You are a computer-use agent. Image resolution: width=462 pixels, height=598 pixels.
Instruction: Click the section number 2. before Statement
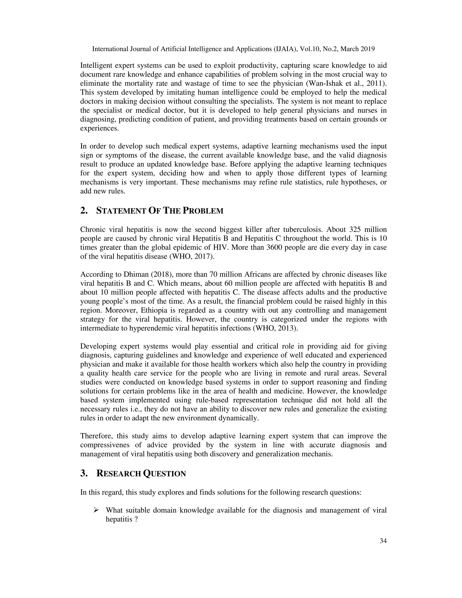pyautogui.click(x=84, y=211)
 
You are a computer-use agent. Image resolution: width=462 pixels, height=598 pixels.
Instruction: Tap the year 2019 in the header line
pyautogui.click(x=366, y=49)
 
